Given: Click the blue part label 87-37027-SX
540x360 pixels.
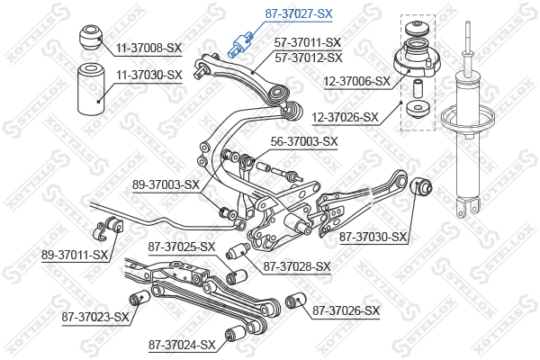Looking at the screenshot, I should (299, 14).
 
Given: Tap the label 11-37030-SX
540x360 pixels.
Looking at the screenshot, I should (148, 75).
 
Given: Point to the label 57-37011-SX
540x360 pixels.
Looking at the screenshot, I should (308, 42).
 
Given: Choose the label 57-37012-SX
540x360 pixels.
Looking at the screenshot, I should (308, 58).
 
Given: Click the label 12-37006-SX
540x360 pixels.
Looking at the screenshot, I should (356, 80).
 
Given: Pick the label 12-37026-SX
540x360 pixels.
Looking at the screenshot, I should (356, 117).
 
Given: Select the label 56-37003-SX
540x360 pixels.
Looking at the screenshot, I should (304, 141).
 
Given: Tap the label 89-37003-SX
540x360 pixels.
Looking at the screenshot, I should (166, 184).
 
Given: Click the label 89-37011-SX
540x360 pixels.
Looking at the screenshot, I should (75, 256).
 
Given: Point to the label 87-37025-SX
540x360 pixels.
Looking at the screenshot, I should (182, 247).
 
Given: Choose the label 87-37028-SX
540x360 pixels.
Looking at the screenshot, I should (298, 266).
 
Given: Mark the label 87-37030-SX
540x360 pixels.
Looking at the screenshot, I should (374, 238).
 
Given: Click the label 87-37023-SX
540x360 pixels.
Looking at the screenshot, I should (95, 316).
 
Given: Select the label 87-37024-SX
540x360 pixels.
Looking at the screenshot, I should (183, 344).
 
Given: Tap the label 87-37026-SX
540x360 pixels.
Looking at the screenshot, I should (346, 311).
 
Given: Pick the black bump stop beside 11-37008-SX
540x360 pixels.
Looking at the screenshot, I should (89, 38).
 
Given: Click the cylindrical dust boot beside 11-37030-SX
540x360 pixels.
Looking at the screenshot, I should (90, 91).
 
